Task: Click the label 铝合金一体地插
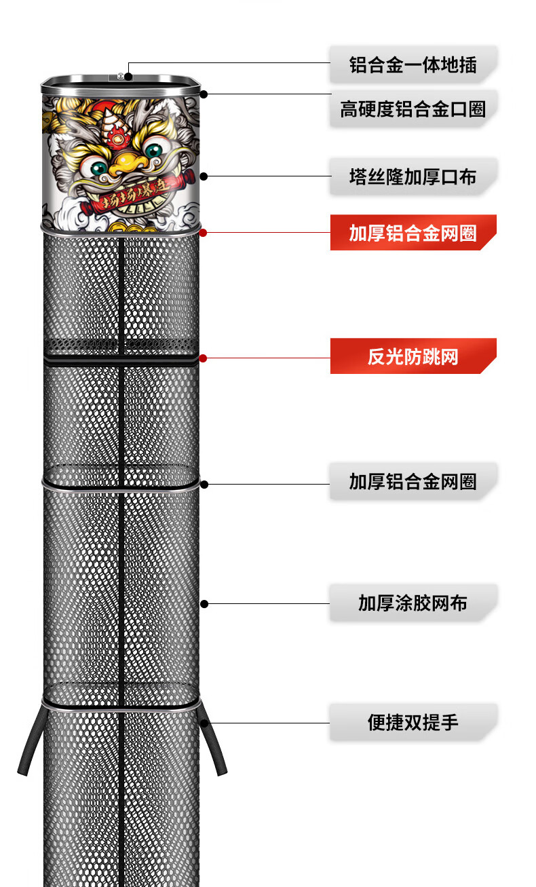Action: coord(413,65)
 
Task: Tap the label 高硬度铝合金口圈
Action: coord(413,109)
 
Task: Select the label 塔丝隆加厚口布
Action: coord(413,177)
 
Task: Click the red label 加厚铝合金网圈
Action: coord(413,233)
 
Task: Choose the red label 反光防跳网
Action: coord(413,356)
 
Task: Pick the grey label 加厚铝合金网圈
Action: coord(413,482)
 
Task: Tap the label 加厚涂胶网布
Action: coord(413,603)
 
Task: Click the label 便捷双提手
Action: coord(413,722)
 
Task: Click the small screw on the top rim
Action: coord(121,75)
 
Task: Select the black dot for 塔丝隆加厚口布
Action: coord(204,176)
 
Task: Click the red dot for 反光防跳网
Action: coord(204,357)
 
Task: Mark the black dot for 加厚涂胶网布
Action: coord(204,603)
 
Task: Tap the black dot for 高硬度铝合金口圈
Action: coord(204,94)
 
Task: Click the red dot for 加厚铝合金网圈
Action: coord(204,232)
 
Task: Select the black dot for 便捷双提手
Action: coord(204,723)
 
